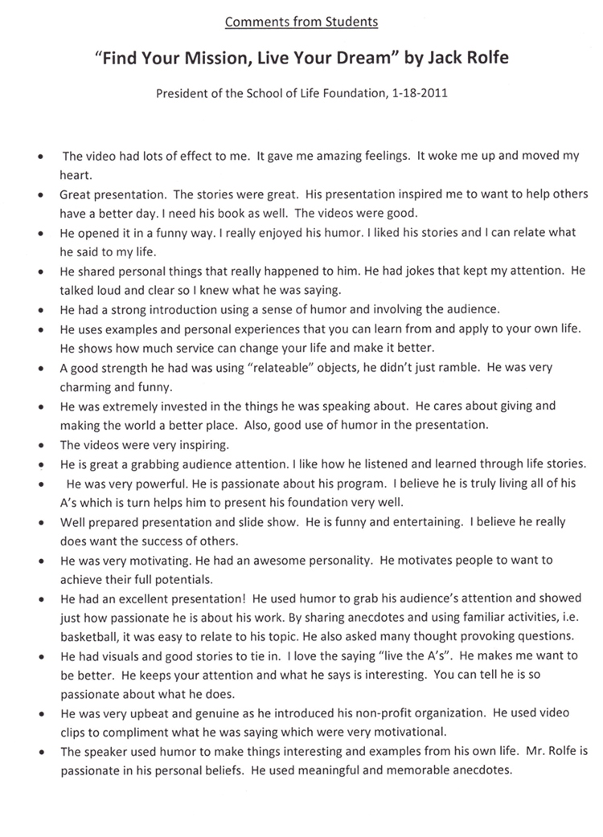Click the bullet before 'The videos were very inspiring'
pos(40,445)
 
